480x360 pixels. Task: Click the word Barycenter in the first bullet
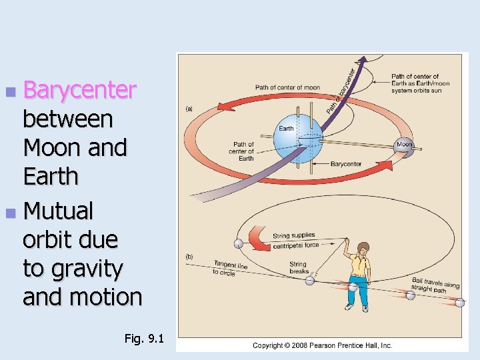(x=79, y=91)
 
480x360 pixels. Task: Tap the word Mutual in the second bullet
(x=59, y=211)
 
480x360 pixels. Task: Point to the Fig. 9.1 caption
(x=143, y=339)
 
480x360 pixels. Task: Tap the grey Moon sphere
(x=404, y=145)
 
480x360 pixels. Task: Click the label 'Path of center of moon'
(x=287, y=87)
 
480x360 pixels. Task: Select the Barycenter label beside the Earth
(x=345, y=164)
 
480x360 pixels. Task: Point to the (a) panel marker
(x=189, y=109)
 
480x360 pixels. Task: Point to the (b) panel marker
(x=189, y=257)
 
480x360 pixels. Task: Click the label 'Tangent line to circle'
(x=230, y=268)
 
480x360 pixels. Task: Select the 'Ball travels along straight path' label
(x=435, y=285)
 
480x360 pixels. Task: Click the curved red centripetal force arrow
(x=257, y=239)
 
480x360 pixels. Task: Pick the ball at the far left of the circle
(x=238, y=243)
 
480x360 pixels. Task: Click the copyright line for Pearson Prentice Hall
(x=322, y=345)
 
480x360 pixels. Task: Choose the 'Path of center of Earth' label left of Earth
(x=243, y=151)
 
